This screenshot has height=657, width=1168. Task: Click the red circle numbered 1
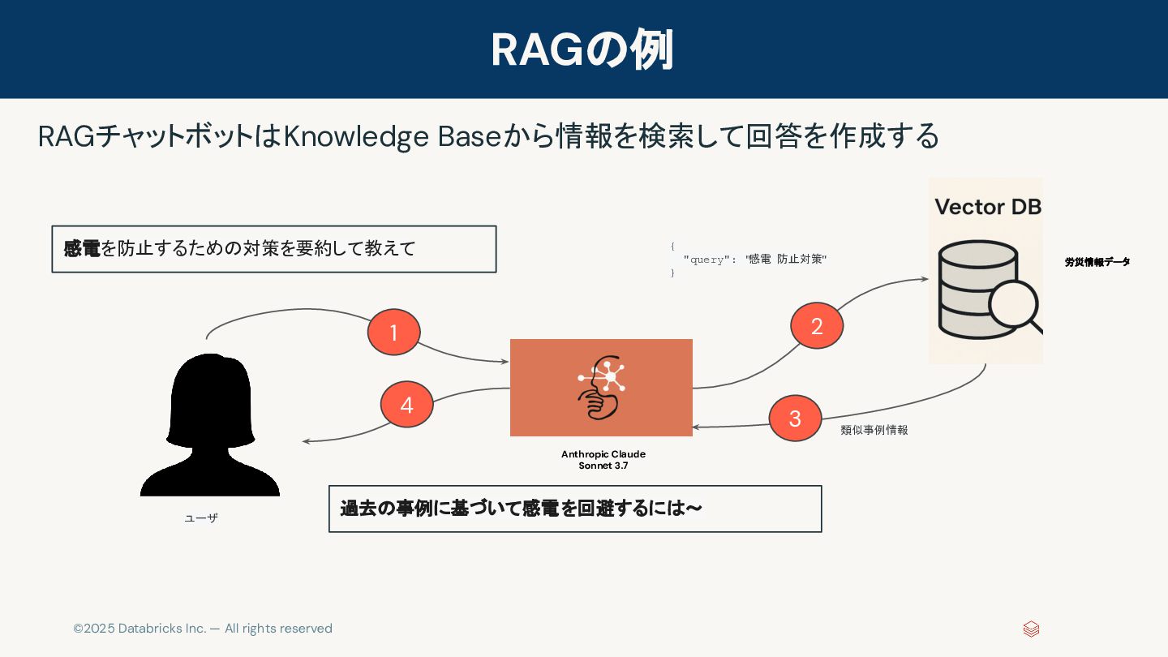393,333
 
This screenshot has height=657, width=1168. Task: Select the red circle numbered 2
817,326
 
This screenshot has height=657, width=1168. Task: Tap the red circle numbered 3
795,419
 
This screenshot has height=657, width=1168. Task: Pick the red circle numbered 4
406,405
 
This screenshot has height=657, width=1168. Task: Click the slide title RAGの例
582,49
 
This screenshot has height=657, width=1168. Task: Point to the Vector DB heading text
987,207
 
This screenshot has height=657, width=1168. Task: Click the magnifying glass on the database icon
1015,306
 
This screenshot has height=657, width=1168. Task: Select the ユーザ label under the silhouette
201,517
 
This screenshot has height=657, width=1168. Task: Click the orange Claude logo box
601,388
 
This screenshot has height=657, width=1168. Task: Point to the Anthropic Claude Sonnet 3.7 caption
603,460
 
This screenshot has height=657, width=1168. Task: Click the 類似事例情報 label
874,430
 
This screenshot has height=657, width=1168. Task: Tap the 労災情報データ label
1097,262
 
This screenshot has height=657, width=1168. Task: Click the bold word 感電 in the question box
81,249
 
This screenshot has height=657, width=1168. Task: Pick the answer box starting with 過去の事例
574,509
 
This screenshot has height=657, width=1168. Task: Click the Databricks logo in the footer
1031,629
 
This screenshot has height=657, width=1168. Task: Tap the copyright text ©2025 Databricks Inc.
203,629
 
